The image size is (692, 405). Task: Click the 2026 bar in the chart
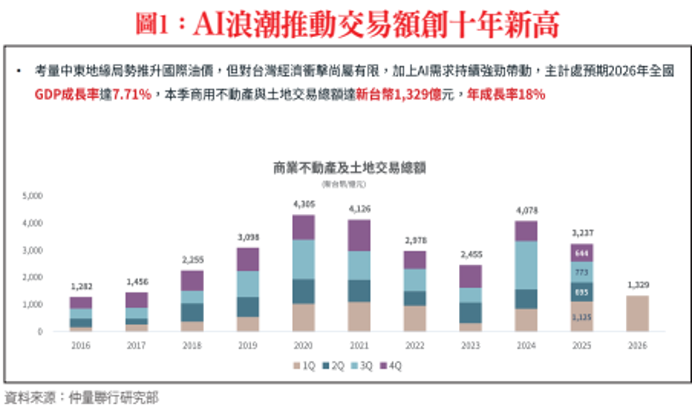[x=637, y=313]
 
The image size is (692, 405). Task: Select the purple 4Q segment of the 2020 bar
[x=303, y=227]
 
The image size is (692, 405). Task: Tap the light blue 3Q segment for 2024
[x=526, y=265]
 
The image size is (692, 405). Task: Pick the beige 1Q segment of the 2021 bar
[x=359, y=317]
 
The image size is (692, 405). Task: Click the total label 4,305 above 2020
[x=303, y=205]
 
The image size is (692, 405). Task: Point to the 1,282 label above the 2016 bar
[x=80, y=287]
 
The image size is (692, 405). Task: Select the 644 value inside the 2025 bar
[x=582, y=253]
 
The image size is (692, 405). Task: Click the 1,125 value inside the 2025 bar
[x=582, y=317]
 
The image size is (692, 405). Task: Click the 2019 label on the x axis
[x=247, y=346]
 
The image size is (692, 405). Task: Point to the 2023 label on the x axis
[x=470, y=346]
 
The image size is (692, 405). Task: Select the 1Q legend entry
[x=305, y=367]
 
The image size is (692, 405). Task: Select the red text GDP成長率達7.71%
[x=93, y=95]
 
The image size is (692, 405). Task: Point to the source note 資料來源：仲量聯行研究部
[x=81, y=398]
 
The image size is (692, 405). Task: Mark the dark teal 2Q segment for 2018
[x=192, y=313]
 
